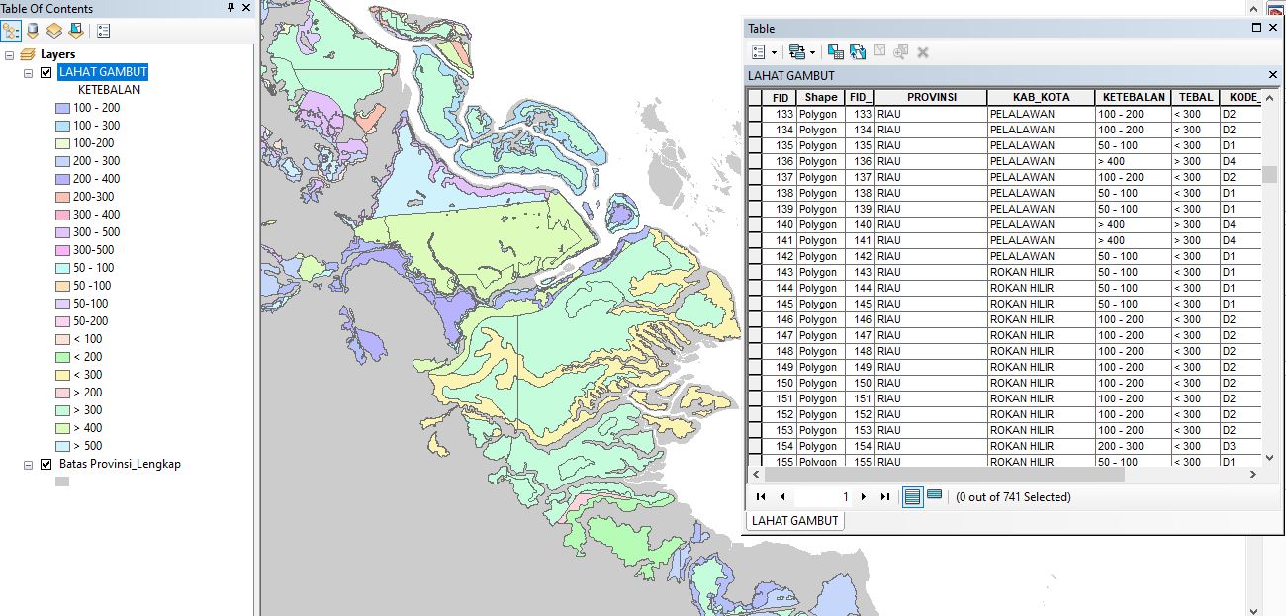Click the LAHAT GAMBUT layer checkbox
pyautogui.click(x=46, y=72)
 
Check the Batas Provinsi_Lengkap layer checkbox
pyautogui.click(x=46, y=464)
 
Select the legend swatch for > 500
pyautogui.click(x=61, y=446)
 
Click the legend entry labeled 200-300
pyautogui.click(x=93, y=197)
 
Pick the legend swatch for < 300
pyautogui.click(x=61, y=375)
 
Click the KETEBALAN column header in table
pyautogui.click(x=1133, y=98)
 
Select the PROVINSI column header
pyautogui.click(x=931, y=98)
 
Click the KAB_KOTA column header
pyautogui.click(x=1040, y=98)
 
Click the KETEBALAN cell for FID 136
pyautogui.click(x=1133, y=161)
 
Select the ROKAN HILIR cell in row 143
pyautogui.click(x=1040, y=272)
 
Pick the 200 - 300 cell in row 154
pyautogui.click(x=1133, y=446)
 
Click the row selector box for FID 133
pyautogui.click(x=755, y=114)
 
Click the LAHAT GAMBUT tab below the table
pyautogui.click(x=794, y=521)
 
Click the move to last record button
pyautogui.click(x=884, y=497)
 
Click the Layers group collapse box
pyautogui.click(x=9, y=54)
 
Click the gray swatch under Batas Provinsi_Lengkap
pyautogui.click(x=61, y=483)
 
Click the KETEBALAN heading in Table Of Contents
pyautogui.click(x=109, y=90)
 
